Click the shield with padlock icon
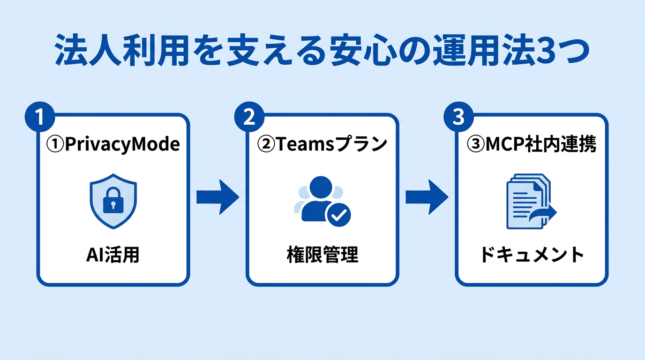pos(113,201)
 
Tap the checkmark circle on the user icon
pos(338,215)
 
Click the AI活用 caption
pos(113,255)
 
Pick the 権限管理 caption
pos(322,255)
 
